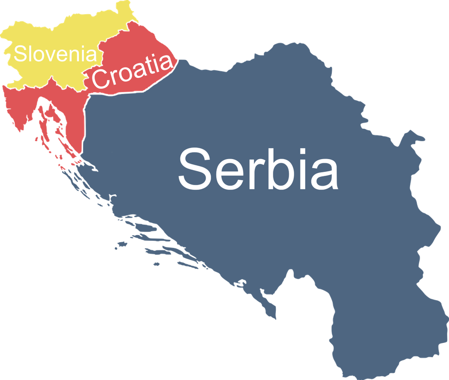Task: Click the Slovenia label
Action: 55,53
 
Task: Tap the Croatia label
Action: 132,71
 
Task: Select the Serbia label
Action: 258,168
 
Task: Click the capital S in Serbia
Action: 194,169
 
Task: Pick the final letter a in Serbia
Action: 322,174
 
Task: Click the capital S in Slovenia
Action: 20,53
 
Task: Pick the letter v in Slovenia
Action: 47,55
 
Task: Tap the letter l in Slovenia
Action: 30,53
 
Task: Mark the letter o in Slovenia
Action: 37,56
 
